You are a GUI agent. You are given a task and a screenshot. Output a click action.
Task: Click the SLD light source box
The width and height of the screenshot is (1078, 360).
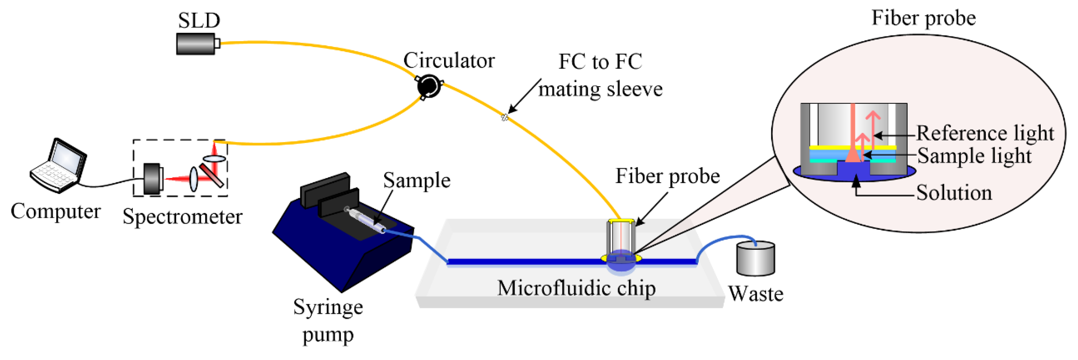(196, 44)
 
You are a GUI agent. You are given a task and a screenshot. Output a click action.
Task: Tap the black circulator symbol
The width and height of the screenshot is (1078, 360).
(428, 86)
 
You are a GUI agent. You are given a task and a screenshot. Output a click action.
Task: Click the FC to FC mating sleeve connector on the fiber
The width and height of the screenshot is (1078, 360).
(505, 118)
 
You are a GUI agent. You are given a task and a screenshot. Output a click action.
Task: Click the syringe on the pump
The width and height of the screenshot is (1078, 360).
(364, 220)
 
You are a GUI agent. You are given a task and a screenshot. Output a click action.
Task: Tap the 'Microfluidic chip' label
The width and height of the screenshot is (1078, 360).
(576, 289)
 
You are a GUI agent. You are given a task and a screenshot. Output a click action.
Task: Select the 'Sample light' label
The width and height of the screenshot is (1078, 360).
(974, 156)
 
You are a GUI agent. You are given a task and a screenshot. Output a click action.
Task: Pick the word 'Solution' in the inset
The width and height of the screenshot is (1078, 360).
(954, 193)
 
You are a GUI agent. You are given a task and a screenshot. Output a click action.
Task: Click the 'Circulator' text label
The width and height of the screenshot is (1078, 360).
(449, 61)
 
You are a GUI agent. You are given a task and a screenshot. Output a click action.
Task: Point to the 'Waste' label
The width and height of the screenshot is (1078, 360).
(755, 294)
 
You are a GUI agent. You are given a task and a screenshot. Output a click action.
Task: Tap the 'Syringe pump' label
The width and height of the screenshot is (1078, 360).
(328, 321)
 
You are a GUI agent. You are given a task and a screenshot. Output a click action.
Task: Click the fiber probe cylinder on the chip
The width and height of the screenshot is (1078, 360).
(621, 238)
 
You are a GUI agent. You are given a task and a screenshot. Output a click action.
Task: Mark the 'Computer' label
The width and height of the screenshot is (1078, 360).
(55, 211)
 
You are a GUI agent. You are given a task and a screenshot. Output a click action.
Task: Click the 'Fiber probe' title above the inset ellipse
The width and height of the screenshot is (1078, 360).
(923, 18)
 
